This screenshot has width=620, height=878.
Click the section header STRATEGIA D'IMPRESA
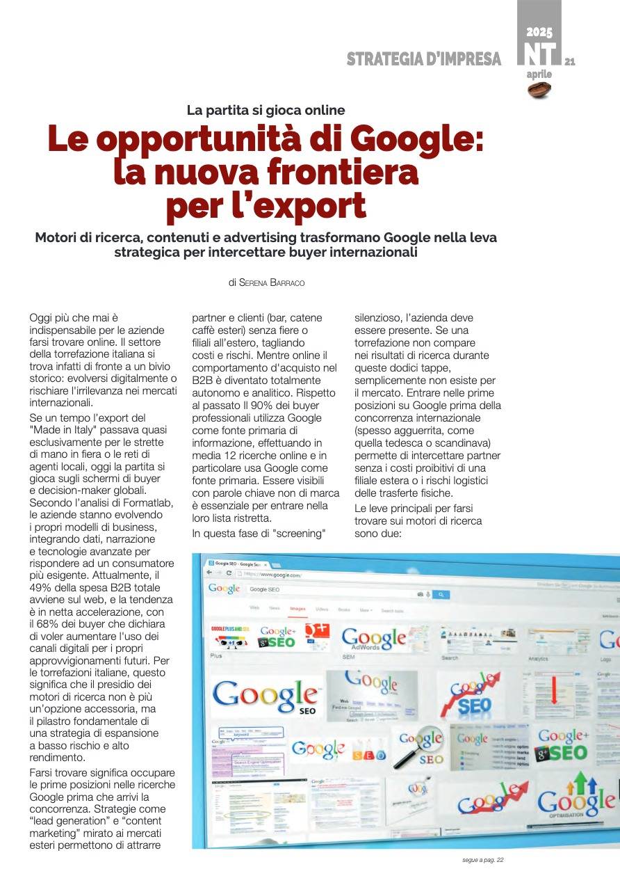point(424,59)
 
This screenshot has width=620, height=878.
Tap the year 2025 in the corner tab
point(539,32)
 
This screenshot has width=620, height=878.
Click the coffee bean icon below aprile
point(539,90)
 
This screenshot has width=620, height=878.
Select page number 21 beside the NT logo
point(570,61)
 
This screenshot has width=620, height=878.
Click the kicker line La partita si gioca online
point(266,110)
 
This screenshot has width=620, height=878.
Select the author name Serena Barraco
point(272,282)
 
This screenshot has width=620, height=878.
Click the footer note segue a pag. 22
point(482,860)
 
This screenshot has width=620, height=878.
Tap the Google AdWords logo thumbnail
point(374,637)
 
